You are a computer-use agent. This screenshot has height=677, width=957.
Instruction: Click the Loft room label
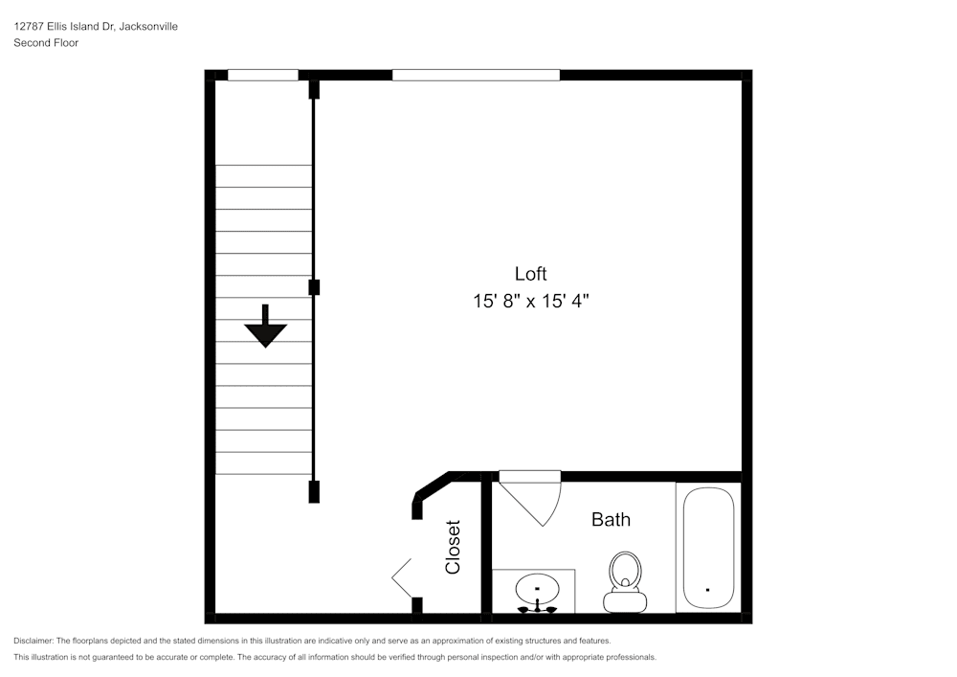coord(530,274)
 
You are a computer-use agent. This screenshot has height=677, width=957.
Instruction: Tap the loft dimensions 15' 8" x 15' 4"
coord(530,301)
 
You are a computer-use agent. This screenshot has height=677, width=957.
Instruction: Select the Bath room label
coord(611,520)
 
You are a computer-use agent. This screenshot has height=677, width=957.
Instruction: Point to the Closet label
coord(453,547)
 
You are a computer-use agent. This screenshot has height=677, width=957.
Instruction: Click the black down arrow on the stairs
coord(265,327)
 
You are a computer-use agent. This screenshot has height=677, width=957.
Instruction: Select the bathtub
coord(707,547)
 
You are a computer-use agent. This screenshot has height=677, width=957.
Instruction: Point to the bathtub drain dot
coord(707,590)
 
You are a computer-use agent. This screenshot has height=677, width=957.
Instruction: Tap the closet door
coord(403,577)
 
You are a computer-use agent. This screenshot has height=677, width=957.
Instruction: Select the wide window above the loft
coord(476,75)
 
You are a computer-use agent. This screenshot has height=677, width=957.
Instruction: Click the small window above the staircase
coord(262,75)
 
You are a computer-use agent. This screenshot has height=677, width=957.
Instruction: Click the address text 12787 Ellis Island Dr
coord(64,27)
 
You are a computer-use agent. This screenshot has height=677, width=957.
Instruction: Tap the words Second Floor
coord(46,43)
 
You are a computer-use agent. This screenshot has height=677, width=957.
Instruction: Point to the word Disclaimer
coord(33,641)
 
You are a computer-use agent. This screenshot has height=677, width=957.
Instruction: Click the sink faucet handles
coord(537,606)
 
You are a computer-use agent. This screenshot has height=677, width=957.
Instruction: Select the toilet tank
coord(625,602)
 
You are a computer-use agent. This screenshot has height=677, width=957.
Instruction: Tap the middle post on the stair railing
coord(314,286)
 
